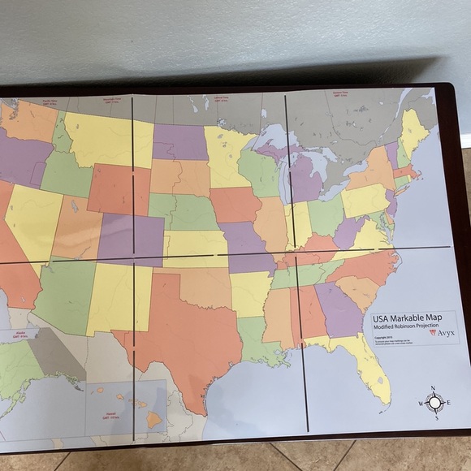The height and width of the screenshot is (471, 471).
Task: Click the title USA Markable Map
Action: [x=408, y=318]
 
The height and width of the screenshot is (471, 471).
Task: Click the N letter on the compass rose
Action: [x=434, y=388]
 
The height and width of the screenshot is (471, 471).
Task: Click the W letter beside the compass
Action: [x=420, y=404]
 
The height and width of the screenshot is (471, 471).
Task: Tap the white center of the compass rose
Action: [x=435, y=402]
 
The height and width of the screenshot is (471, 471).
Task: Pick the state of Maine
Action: [x=413, y=130]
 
